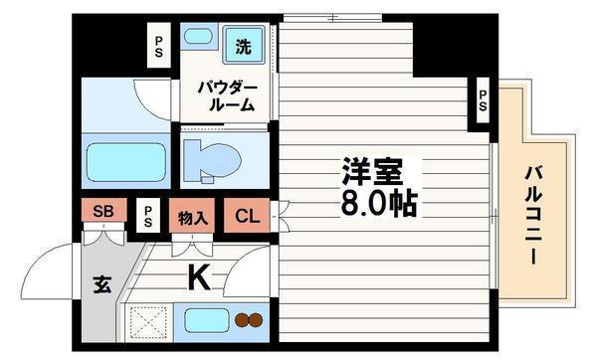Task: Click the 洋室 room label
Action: pyautogui.click(x=372, y=172)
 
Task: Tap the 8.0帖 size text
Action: pyautogui.click(x=377, y=204)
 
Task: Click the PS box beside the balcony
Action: pyautogui.click(x=482, y=100)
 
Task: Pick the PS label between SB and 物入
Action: pyautogui.click(x=147, y=215)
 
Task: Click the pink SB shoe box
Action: pyautogui.click(x=101, y=211)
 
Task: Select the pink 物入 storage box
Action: pyautogui.click(x=192, y=216)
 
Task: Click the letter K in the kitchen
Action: pyautogui.click(x=199, y=279)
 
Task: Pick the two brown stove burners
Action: pyautogui.click(x=249, y=321)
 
